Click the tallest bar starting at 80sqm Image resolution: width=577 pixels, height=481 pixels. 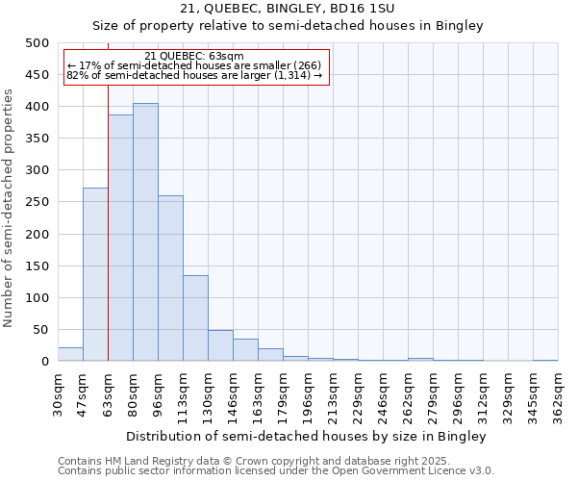145,232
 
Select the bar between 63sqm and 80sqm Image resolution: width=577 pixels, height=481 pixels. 120,238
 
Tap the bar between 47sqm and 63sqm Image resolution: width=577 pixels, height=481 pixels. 95,274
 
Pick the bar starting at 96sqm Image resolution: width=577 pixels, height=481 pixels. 170,278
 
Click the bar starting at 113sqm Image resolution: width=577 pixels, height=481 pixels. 195,318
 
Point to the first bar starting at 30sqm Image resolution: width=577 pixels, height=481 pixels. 70,354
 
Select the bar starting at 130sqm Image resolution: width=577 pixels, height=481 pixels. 220,345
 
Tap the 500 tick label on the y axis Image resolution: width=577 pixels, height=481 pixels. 38,43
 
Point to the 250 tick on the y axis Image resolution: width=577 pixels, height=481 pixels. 38,202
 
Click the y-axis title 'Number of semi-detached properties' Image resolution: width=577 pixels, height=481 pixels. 10,208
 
